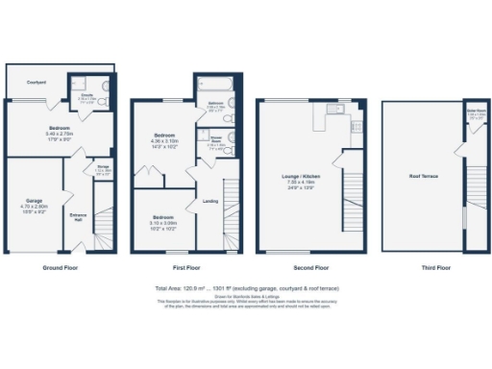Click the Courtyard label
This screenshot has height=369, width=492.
click(37, 82)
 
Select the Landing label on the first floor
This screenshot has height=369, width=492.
click(209, 201)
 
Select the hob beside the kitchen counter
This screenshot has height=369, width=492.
click(357, 126)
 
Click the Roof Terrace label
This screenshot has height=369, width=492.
click(421, 177)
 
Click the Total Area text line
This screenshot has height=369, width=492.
click(246, 287)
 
